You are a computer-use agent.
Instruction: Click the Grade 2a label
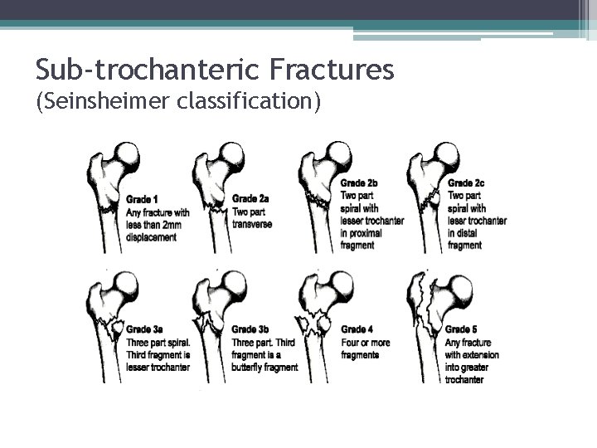point(250,198)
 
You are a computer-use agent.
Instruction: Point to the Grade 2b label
point(360,183)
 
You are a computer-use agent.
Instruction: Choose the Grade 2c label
point(466,183)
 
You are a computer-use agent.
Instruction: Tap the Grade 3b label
point(250,329)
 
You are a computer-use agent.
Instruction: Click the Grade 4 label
point(357,329)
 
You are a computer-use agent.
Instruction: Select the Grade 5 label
point(463,329)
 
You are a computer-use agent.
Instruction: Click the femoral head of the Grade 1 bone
point(127,155)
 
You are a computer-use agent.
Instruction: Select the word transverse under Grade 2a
point(253,224)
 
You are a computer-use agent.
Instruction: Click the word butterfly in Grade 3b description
point(250,368)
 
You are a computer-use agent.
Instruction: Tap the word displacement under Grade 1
point(153,237)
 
